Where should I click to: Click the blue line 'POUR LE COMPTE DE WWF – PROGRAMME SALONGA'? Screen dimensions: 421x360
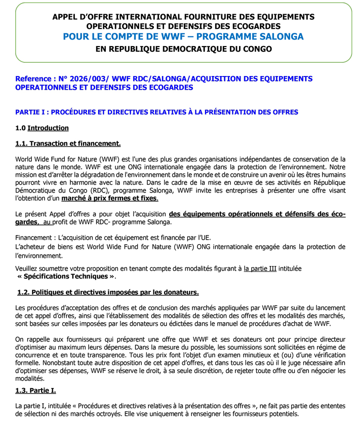coord(183,36)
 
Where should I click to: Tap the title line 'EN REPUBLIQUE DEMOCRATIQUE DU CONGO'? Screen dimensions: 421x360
coord(183,49)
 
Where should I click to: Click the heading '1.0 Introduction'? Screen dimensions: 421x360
coord(42,128)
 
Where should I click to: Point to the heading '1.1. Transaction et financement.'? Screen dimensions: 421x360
coord(68,144)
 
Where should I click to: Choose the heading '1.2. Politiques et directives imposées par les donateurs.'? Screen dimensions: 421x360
coord(108,293)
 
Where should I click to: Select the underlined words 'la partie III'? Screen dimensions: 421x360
coord(260,269)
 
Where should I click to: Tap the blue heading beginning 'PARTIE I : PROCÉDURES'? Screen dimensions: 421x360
coord(157,112)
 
